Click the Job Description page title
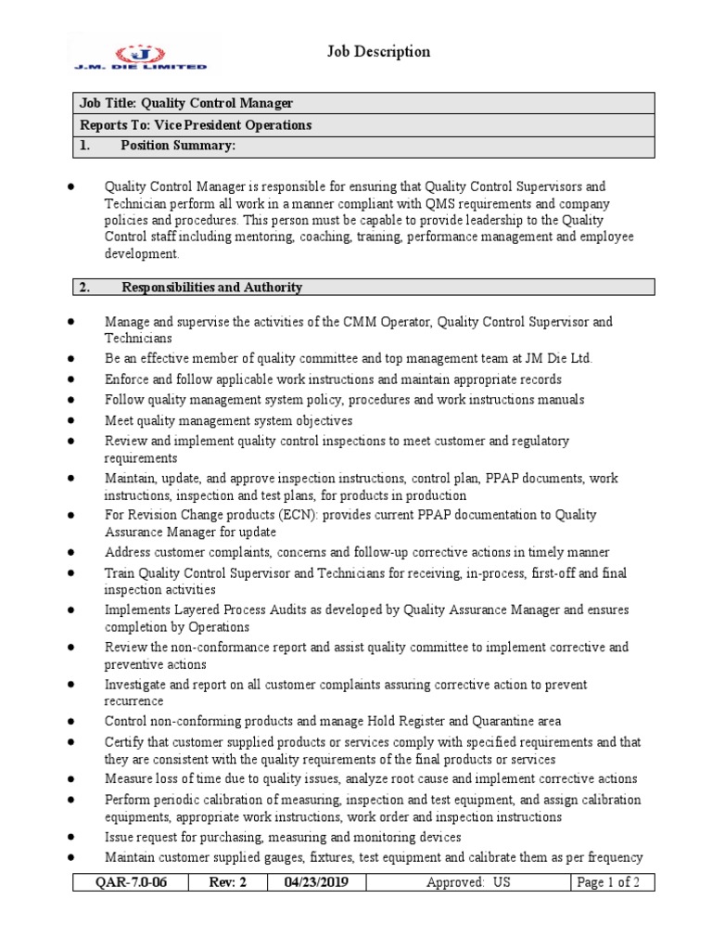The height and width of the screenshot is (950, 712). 378,52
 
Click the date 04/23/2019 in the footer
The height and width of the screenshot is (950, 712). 315,882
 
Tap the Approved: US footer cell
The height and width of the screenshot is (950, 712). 468,882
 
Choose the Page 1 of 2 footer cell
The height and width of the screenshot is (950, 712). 608,882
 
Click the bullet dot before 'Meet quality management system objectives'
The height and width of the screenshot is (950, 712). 71,418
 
